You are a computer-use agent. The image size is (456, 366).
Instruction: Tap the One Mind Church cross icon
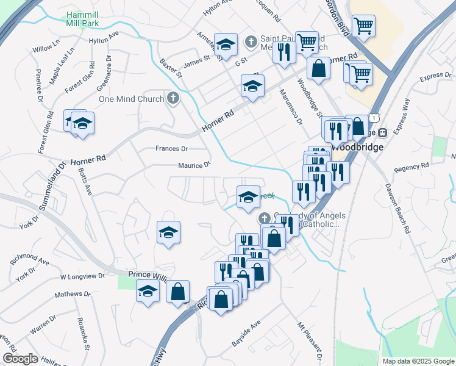click(x=174, y=98)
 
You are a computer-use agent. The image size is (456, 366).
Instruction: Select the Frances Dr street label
click(x=171, y=148)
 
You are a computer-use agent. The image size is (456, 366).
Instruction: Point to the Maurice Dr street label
click(x=194, y=165)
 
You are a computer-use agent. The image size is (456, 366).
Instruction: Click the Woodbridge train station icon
click(x=382, y=133)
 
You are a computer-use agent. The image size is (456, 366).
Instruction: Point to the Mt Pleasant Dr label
click(x=309, y=342)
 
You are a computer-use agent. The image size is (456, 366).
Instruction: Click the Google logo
click(x=20, y=359)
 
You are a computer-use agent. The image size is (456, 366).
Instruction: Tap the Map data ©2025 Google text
click(x=418, y=361)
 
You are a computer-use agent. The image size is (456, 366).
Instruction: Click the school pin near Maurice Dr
click(x=248, y=196)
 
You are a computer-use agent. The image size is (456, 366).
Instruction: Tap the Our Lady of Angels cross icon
click(x=265, y=218)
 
